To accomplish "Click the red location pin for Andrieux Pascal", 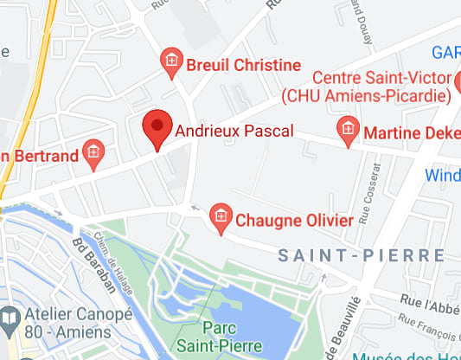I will click(x=157, y=128).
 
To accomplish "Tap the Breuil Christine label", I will click(x=243, y=65).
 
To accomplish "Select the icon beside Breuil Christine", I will click(x=172, y=61).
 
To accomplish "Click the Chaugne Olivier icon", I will click(x=221, y=215).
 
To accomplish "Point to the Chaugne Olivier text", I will click(x=294, y=220).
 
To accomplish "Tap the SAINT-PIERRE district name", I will click(x=361, y=255).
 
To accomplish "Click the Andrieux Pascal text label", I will click(x=234, y=132).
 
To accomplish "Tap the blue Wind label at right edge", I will click(x=443, y=176).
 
